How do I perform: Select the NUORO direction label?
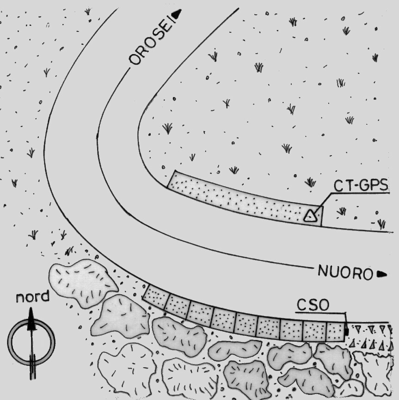(x=345, y=273)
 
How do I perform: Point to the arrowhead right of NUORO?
(x=381, y=274)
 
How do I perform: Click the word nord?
(x=32, y=297)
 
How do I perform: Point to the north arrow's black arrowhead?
(x=31, y=320)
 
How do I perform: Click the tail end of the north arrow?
(x=31, y=363)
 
